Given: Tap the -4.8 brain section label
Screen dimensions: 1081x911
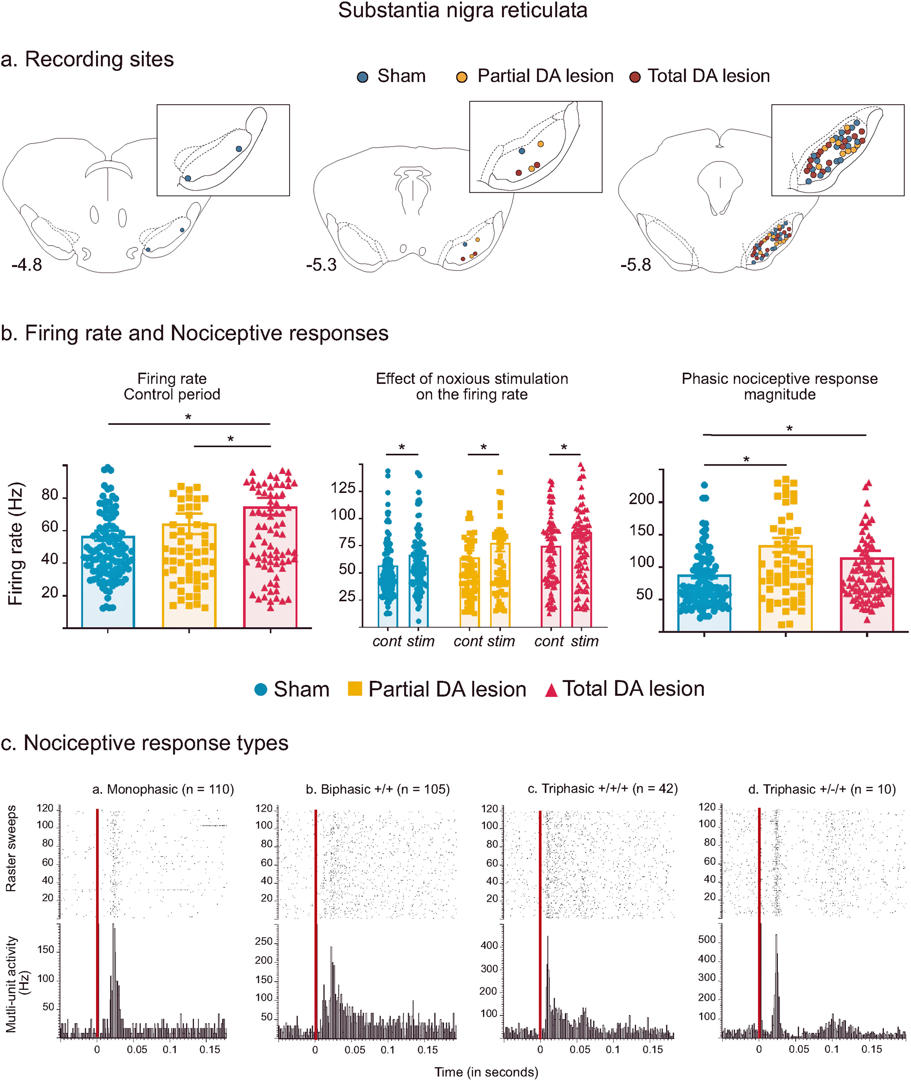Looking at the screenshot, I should pos(27,265).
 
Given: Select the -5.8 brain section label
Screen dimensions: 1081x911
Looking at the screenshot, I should pos(636,265).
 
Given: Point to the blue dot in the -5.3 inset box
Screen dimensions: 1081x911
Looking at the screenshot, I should pos(522,151).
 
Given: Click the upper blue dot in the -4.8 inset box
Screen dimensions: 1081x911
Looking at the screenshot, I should pos(239,149).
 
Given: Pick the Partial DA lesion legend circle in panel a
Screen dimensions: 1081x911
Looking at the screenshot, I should pos(462,77).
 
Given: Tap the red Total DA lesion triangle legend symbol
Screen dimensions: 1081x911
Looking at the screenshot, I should pos(551,691).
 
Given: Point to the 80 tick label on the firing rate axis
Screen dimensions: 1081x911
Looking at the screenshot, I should pos(50,495).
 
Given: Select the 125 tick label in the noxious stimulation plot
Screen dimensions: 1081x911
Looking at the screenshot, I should pos(343,488).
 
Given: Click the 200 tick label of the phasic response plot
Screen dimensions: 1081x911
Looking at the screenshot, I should pos(641,499).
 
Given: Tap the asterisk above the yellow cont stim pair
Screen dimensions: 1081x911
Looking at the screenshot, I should pos(483,447).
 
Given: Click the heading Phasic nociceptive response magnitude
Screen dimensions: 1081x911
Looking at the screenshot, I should pos(779,386).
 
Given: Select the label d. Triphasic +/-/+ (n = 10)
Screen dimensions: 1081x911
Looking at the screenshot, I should pos(822,789).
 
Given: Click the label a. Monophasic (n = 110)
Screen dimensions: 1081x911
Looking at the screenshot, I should pos(163,789).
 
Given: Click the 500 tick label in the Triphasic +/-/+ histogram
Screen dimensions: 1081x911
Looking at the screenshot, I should pos(706,939).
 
